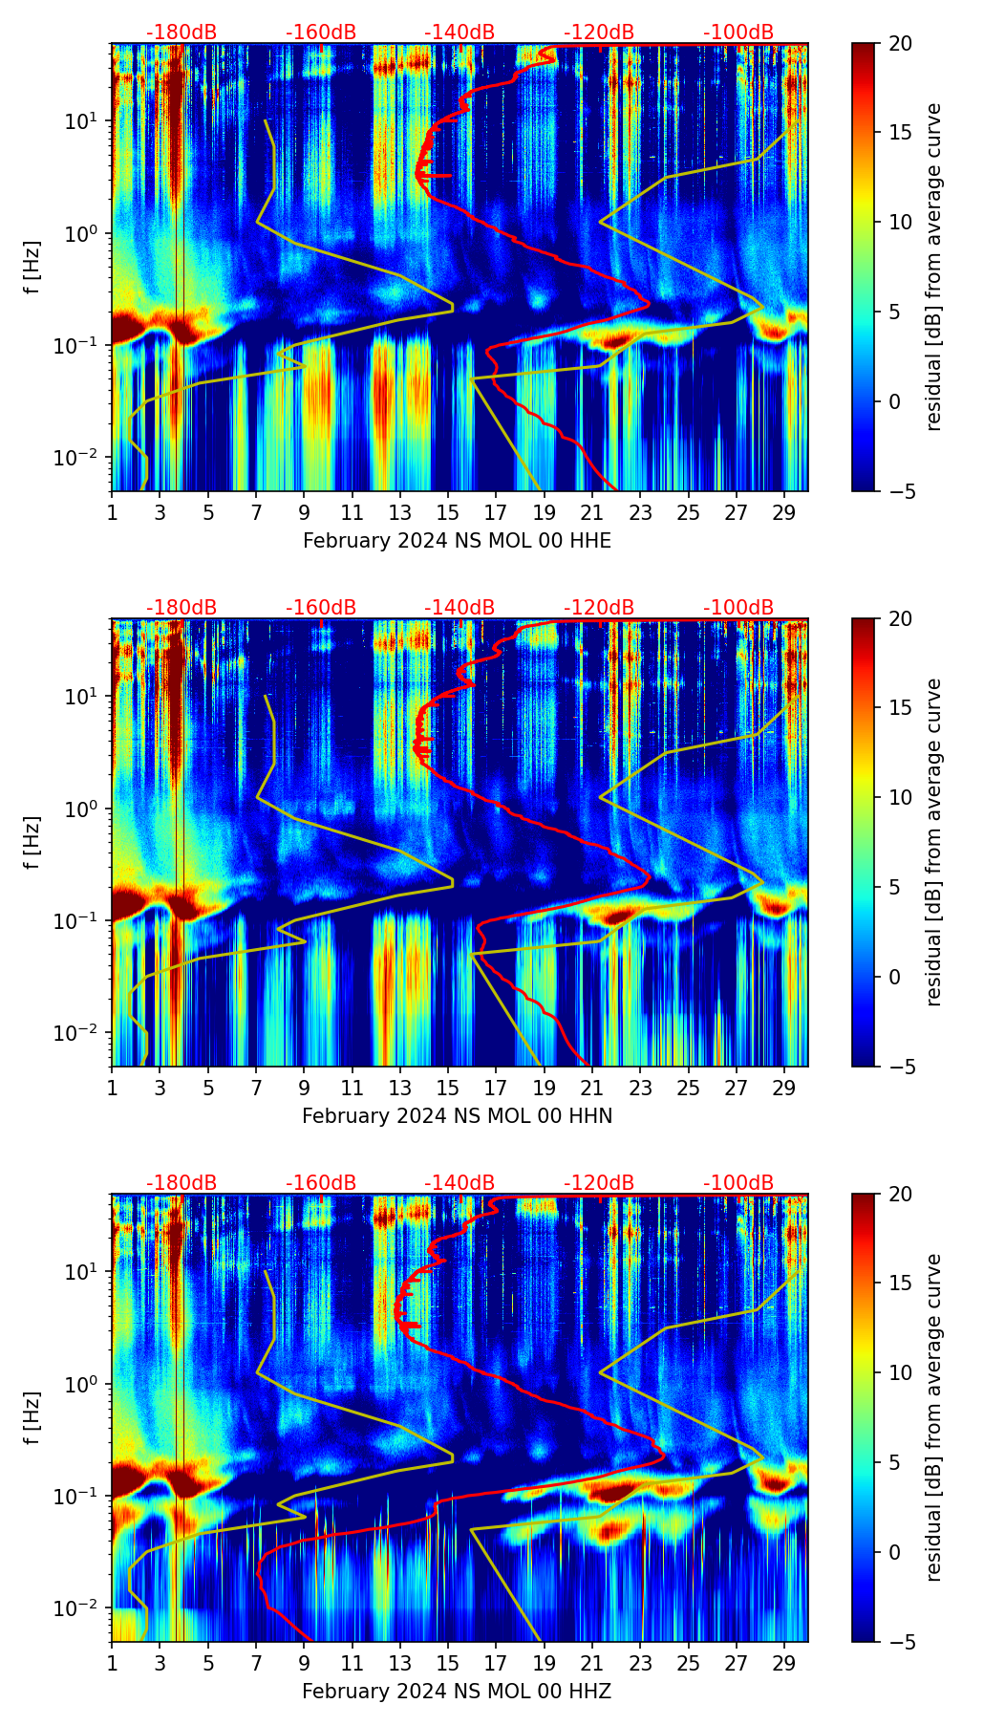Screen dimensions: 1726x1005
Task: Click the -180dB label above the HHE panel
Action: [182, 32]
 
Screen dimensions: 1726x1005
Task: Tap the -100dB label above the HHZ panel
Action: [738, 1183]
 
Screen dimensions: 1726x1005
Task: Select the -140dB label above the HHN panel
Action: [460, 608]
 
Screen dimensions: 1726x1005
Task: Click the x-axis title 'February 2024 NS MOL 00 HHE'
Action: [457, 541]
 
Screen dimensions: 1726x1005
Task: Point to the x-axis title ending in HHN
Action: [457, 1116]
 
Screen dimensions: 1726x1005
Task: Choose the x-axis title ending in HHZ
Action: [457, 1692]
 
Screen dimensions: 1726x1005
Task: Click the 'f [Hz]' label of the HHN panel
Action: [33, 842]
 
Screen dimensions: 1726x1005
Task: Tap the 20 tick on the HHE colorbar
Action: [900, 43]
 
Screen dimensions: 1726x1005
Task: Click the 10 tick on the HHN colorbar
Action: [900, 797]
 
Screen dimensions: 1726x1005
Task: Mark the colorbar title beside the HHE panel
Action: [933, 267]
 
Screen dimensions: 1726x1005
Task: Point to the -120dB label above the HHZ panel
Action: [599, 1183]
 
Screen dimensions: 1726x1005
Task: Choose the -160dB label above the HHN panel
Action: [321, 608]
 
